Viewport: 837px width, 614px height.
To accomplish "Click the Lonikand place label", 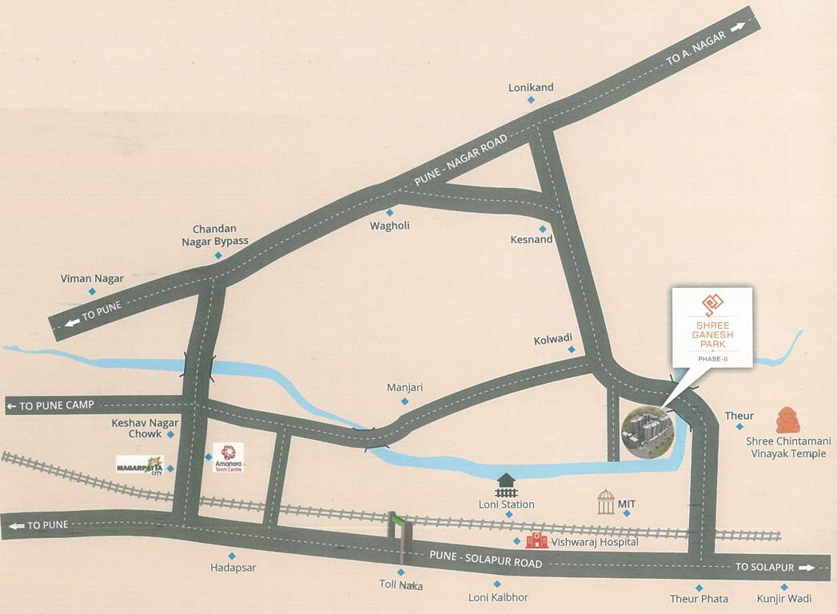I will pyautogui.click(x=531, y=87).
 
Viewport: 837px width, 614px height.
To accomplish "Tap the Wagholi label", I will pyautogui.click(x=389, y=225).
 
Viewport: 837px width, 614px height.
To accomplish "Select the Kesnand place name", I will pyautogui.click(x=532, y=239).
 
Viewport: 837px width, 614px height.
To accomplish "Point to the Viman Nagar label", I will pyautogui.click(x=92, y=278).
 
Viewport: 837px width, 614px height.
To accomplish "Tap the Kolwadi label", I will pyautogui.click(x=553, y=340).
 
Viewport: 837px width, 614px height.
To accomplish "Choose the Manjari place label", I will pyautogui.click(x=405, y=387).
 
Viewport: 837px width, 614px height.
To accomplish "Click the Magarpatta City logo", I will pyautogui.click(x=140, y=464).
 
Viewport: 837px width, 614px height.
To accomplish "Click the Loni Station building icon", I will pyautogui.click(x=506, y=484).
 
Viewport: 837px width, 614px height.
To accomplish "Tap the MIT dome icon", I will pyautogui.click(x=607, y=502).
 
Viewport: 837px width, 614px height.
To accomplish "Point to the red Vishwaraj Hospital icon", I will pyautogui.click(x=537, y=541).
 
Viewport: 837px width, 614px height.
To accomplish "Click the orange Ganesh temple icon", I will pyautogui.click(x=788, y=421).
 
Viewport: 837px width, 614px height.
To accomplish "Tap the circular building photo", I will pyautogui.click(x=647, y=433).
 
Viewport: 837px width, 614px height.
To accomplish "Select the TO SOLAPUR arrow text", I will pyautogui.click(x=772, y=567).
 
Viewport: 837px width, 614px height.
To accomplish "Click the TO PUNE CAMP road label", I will pyautogui.click(x=50, y=406).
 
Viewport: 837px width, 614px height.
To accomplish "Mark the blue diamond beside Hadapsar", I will pyautogui.click(x=232, y=556).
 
